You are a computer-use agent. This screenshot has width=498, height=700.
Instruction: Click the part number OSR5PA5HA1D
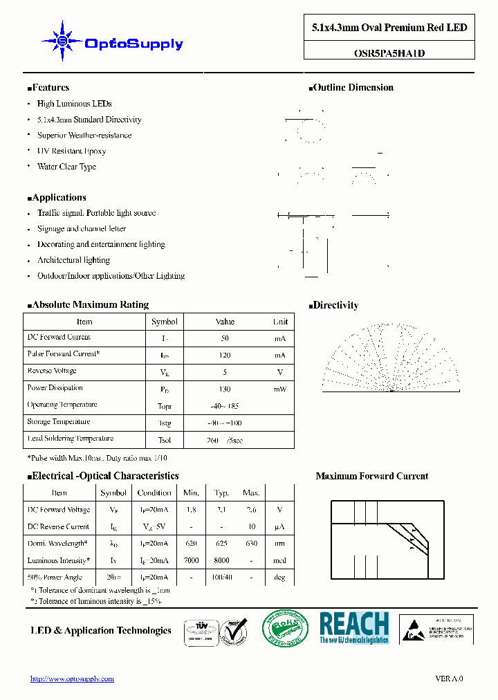(389, 52)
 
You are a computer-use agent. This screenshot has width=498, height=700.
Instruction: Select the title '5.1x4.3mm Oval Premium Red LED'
(389, 28)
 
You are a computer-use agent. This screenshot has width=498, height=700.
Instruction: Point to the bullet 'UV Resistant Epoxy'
(71, 151)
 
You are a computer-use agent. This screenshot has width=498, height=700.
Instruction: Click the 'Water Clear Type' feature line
(66, 167)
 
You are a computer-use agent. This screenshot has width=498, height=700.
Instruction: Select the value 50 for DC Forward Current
(225, 339)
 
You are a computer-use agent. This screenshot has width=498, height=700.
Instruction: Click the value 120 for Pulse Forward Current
(225, 356)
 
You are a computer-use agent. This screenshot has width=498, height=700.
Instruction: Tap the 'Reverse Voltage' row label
(53, 371)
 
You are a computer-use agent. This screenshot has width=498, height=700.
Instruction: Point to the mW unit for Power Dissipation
(279, 389)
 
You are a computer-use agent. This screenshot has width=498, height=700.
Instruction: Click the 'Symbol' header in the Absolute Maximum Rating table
(165, 322)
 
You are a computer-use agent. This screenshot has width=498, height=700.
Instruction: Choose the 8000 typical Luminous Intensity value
(221, 561)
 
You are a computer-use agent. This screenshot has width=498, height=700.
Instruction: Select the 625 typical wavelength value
(221, 544)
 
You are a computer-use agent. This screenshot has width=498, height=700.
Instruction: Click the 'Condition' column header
(154, 493)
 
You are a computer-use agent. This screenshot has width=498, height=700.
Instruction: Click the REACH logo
(354, 628)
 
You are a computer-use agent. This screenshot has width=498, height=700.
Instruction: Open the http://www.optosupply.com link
(72, 679)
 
